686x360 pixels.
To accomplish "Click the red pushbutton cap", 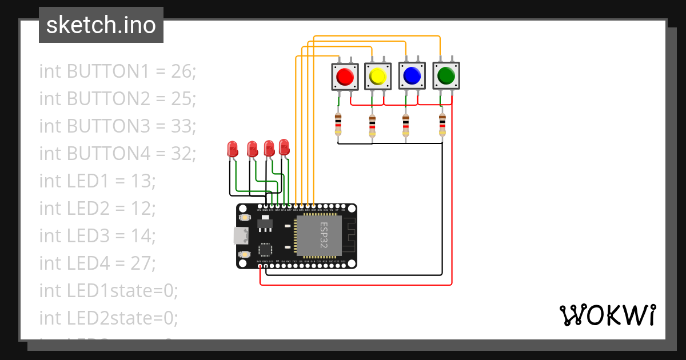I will point(345,76).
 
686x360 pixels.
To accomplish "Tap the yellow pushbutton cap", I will point(377,76).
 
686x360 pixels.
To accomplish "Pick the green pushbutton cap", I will point(445,75).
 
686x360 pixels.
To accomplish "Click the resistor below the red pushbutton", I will point(338,124).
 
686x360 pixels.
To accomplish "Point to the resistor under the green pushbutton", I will point(442,124).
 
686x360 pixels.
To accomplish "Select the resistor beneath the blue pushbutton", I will point(406,124).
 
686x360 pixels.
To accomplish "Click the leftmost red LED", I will point(233,150).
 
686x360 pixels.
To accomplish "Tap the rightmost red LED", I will point(284,147).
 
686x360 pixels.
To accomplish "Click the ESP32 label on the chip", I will point(324,234).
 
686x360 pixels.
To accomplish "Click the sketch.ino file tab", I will point(101,25).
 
